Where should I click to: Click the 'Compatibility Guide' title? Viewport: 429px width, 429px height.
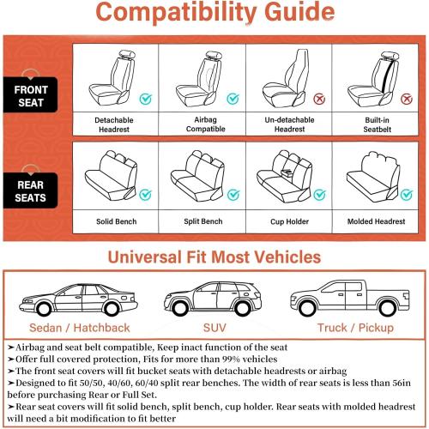point(214,15)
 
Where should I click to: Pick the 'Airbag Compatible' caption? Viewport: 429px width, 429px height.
point(201,124)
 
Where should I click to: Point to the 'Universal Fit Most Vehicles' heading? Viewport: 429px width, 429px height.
point(214,257)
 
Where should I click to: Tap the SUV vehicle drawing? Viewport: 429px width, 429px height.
point(214,296)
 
